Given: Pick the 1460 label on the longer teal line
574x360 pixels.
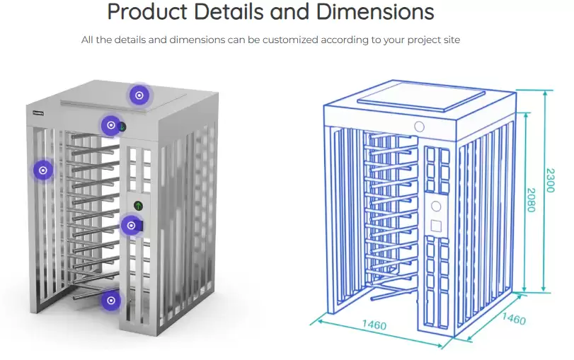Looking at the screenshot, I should pos(374,325).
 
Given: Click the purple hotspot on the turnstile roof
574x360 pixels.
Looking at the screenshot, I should pos(139,95).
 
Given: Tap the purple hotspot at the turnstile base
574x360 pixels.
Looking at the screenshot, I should pos(110,300).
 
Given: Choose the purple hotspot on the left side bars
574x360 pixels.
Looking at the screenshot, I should pos(43,170).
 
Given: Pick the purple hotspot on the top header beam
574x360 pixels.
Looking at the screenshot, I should pos(110,126).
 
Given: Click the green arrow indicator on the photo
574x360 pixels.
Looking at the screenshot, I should pos(139,206).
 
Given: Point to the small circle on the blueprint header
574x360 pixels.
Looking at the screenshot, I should pos(419,127).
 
